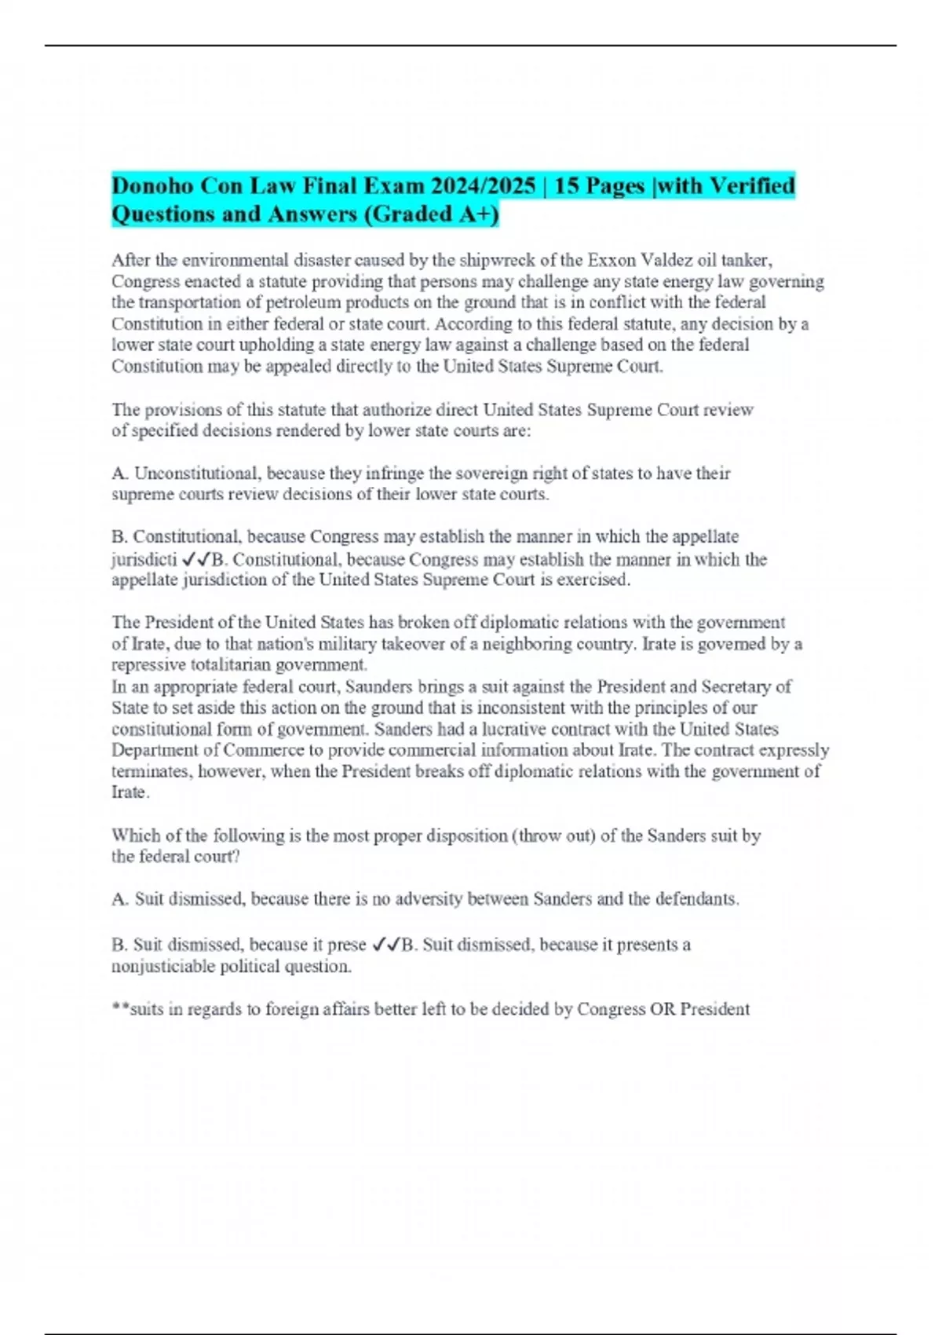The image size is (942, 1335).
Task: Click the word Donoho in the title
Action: coord(153,186)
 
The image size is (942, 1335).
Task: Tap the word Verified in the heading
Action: coord(752,186)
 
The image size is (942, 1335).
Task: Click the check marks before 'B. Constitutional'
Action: coord(195,560)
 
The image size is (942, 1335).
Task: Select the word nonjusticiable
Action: coord(163,967)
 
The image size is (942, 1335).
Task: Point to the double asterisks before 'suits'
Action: coord(120,1008)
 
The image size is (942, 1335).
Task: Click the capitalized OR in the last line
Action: coord(663,1009)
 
